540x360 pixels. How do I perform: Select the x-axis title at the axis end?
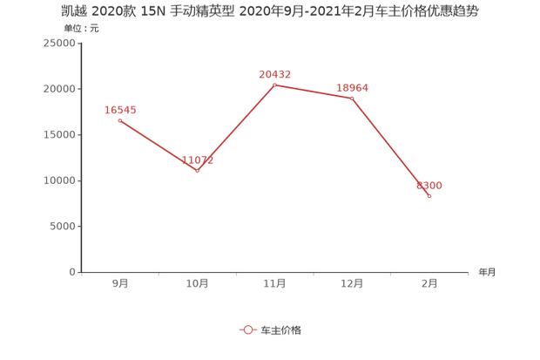(x=486, y=272)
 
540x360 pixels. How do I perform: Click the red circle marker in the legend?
(x=247, y=329)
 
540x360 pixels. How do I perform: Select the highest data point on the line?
(x=274, y=85)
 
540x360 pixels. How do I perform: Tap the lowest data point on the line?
(x=429, y=197)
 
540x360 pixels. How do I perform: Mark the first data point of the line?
(x=119, y=119)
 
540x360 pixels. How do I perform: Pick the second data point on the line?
(x=197, y=171)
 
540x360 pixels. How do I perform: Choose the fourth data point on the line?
(x=352, y=98)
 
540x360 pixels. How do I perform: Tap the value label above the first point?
(x=120, y=109)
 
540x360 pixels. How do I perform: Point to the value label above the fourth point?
(x=353, y=86)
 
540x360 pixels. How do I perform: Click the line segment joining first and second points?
(x=158, y=145)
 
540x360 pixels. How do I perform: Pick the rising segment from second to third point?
(x=235, y=128)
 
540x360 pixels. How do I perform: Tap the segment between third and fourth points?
(x=314, y=92)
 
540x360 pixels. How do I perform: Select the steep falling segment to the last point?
(x=391, y=147)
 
